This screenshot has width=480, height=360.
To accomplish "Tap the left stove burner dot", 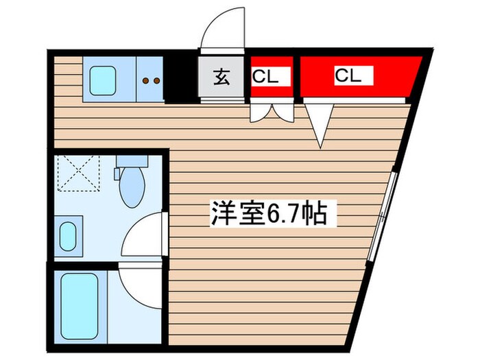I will coord(146,80).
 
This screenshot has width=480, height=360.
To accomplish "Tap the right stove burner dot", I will coord(157,80).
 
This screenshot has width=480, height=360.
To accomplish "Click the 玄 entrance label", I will coord(221,77).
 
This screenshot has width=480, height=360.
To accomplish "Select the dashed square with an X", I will coord(77,172).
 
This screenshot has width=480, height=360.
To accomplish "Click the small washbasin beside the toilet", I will coord(69,235).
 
